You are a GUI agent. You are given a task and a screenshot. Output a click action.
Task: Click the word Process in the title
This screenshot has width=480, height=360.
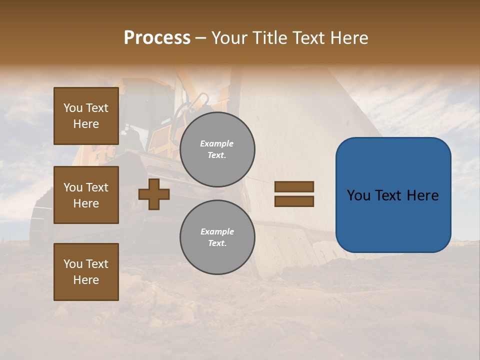(157, 38)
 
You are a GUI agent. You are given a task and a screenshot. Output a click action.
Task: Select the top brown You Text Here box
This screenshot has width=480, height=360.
(86, 116)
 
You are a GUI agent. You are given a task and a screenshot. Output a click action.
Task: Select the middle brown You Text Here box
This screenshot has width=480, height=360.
(86, 195)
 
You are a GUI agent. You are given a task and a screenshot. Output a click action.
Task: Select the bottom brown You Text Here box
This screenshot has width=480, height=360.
(86, 272)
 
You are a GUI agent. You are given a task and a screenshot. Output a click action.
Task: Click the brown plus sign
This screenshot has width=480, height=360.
(154, 194)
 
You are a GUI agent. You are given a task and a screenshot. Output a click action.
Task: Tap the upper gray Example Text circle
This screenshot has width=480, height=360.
(217, 149)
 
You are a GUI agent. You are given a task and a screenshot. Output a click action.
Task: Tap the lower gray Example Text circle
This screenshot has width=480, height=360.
(217, 237)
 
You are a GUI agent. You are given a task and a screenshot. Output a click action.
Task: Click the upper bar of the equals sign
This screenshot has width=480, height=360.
(294, 186)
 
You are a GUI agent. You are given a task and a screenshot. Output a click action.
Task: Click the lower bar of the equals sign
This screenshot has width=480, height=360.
(294, 201)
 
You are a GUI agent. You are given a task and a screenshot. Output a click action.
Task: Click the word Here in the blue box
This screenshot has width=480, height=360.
(422, 195)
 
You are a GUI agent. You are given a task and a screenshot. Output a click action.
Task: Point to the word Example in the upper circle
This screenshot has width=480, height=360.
(217, 143)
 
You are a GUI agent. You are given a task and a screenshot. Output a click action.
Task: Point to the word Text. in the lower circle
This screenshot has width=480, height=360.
(217, 243)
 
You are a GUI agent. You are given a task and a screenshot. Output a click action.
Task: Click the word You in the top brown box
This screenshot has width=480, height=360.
(73, 108)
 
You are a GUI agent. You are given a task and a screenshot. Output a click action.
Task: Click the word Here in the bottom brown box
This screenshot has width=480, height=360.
(86, 280)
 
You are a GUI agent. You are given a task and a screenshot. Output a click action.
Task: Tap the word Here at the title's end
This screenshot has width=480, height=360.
(350, 38)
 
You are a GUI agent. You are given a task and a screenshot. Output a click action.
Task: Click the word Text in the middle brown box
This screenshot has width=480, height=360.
(97, 187)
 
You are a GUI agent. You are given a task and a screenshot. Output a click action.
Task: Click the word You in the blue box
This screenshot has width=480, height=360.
(359, 195)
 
